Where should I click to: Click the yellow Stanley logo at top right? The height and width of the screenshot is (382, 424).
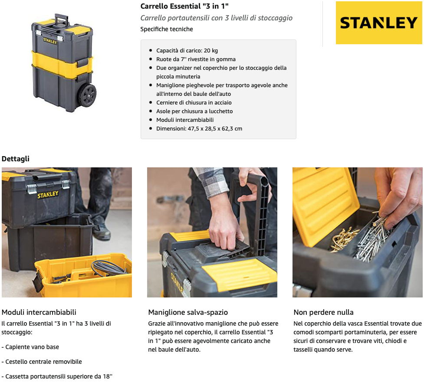coord(379,23)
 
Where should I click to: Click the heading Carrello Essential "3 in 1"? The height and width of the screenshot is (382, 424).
coord(184,6)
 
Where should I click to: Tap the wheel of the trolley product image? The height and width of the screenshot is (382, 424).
coord(87,95)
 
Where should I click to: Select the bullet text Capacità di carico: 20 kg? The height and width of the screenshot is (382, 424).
coord(187,51)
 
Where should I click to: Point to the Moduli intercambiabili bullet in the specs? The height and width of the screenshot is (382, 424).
coord(185,120)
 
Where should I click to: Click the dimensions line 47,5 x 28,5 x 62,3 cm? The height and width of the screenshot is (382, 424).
coord(199,129)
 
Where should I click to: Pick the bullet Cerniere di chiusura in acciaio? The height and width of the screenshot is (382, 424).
coord(194,103)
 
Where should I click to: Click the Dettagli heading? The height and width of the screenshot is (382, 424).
coord(16,159)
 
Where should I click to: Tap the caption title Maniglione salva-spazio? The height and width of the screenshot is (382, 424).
coord(188,312)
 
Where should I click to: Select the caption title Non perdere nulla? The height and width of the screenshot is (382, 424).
coord(323,312)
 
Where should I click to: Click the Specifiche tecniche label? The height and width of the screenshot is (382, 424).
coord(167,29)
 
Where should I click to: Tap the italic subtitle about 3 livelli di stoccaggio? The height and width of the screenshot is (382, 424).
coord(216,18)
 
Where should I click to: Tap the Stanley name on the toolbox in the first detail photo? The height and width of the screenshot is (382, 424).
coord(48,195)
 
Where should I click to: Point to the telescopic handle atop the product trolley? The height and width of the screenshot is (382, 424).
coord(61,20)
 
